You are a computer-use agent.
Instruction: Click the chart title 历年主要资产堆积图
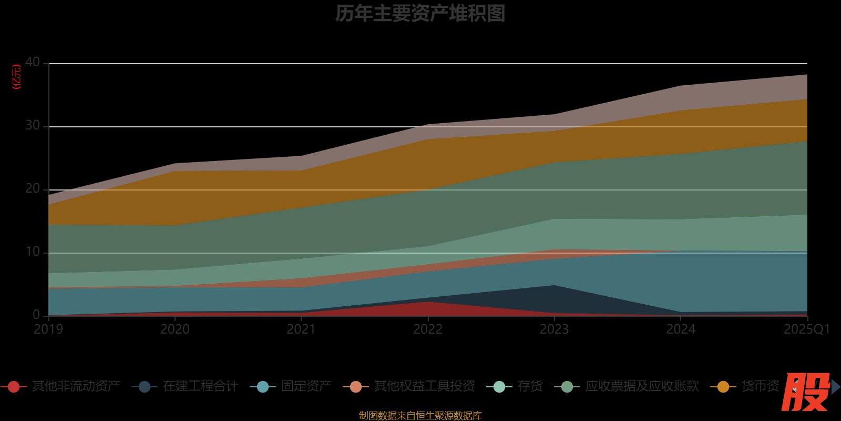(420, 14)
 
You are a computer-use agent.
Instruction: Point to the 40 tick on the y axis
(33, 63)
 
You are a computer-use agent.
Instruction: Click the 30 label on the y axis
(33, 126)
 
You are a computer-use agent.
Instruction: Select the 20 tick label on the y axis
(33, 189)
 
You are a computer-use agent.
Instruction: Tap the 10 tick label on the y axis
(33, 252)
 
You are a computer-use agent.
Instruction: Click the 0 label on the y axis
(36, 315)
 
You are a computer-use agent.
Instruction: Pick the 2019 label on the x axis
(48, 329)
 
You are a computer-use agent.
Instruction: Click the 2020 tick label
(175, 329)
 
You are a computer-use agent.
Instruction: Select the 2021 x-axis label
(301, 329)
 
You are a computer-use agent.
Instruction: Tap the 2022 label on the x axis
(428, 329)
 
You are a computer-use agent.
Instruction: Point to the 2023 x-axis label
(554, 329)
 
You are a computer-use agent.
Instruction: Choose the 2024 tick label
(681, 329)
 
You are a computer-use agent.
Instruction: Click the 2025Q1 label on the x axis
(806, 329)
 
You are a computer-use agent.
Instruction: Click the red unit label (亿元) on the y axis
(17, 77)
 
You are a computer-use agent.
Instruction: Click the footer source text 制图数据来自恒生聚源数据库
(420, 416)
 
